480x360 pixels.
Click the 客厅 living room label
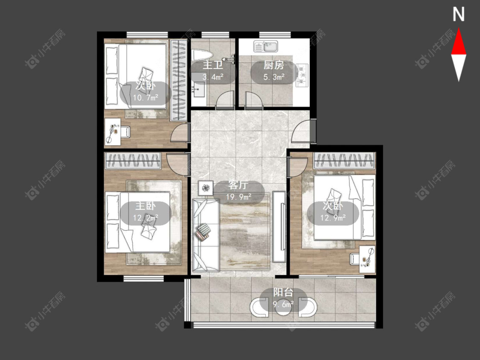[x=238, y=185]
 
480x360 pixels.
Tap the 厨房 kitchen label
[x=274, y=65]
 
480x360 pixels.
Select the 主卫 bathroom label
[x=213, y=65]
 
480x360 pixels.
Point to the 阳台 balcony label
[x=283, y=293]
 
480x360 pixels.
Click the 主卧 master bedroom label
[x=145, y=206]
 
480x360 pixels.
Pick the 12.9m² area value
[x=333, y=218]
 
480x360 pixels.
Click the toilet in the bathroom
[x=202, y=55]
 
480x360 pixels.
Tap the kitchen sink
[x=265, y=46]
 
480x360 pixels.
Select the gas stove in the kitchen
[x=302, y=74]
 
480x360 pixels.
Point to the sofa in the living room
[x=206, y=235]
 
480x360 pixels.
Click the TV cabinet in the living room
[x=279, y=226]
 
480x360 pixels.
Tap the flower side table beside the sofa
[x=206, y=188]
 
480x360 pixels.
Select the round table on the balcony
[x=283, y=308]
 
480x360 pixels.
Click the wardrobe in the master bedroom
[x=133, y=161]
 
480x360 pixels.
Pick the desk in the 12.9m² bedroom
[x=367, y=259]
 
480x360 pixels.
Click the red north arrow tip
[x=459, y=29]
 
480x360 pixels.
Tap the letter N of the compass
[x=459, y=15]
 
